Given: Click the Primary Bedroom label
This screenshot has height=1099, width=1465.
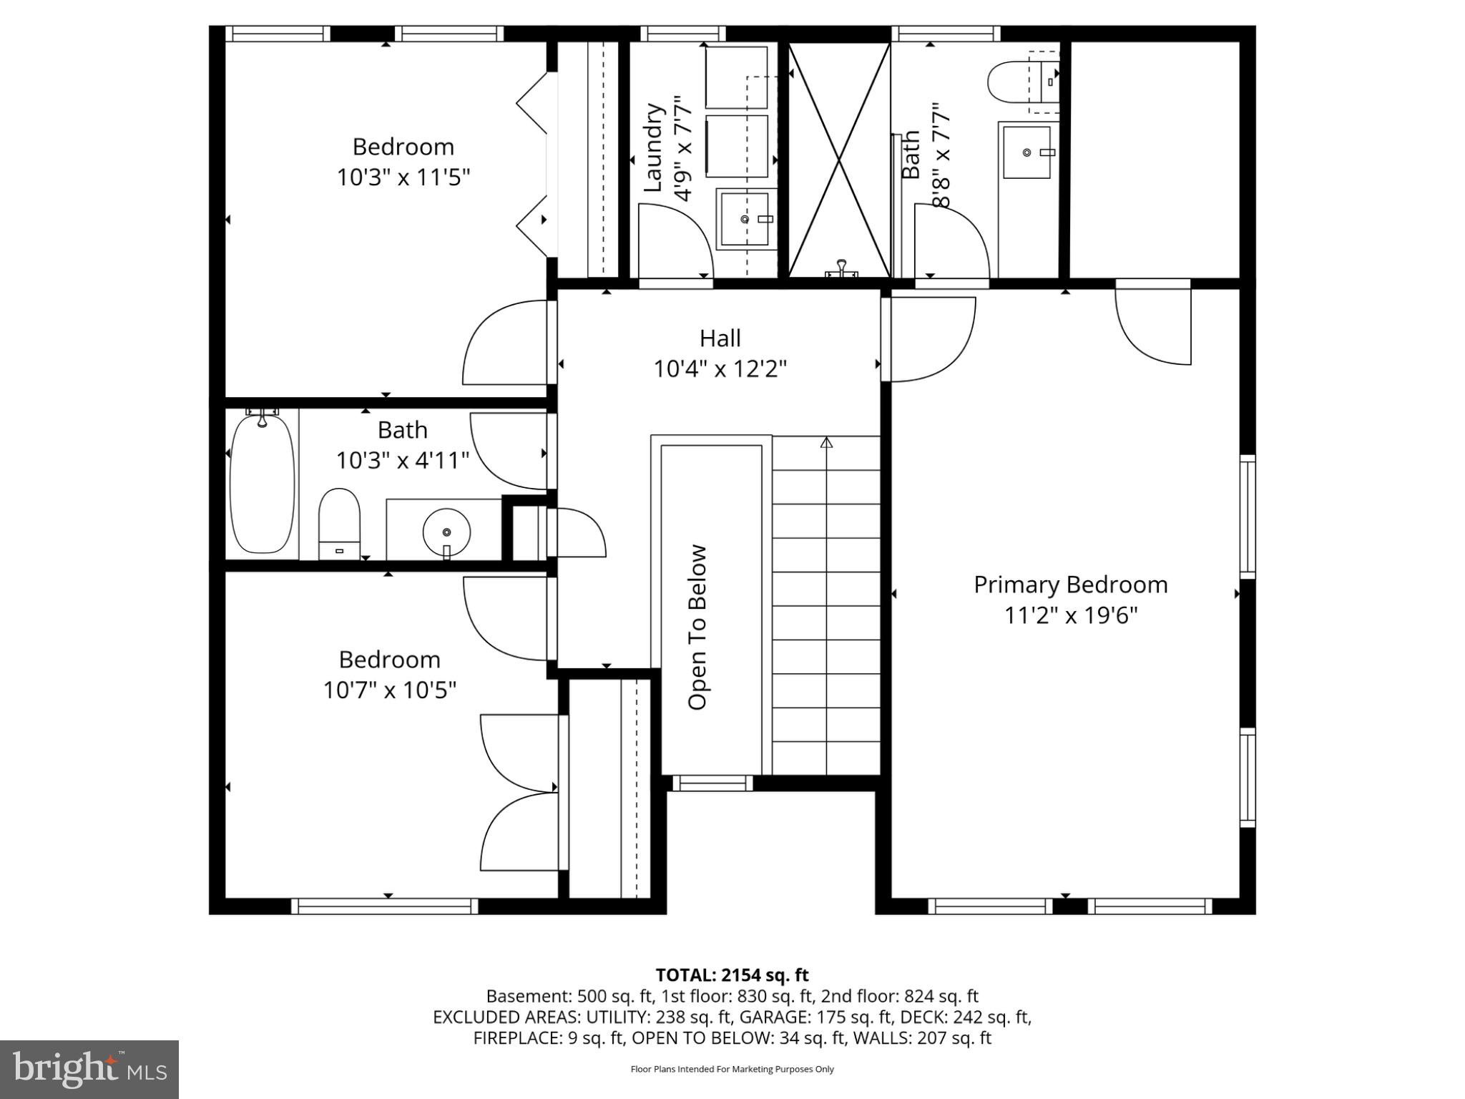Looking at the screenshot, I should point(1070,585).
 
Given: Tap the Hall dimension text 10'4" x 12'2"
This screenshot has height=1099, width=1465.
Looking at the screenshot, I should point(720,369).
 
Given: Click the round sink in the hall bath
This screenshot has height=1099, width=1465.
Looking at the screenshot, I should point(446,532).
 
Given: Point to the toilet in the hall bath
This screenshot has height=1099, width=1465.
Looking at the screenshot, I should point(338,524).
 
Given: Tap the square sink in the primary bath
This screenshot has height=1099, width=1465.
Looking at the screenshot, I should point(1027,152).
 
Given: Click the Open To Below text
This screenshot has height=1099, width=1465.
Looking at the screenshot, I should point(697,627).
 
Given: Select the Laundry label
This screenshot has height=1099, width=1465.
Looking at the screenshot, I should point(653,148).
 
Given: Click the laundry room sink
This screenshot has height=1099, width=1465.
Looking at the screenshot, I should point(746,219).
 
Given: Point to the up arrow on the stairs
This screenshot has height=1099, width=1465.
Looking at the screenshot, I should point(826,443).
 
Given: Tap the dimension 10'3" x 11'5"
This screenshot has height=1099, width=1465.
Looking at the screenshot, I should point(403,177).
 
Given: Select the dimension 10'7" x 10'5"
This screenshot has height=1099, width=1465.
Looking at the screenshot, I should point(390,690).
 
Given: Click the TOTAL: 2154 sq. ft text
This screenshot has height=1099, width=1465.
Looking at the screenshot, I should point(732,975).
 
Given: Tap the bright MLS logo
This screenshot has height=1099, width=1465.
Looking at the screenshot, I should point(89,1069).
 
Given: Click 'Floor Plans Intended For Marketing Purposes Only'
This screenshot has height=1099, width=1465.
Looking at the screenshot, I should point(732,1069).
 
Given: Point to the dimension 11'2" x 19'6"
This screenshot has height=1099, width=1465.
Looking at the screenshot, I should point(1070,615).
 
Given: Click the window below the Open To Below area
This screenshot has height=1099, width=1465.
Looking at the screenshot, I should point(712,783).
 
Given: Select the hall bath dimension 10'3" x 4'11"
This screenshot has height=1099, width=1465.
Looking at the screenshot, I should point(403,460).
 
